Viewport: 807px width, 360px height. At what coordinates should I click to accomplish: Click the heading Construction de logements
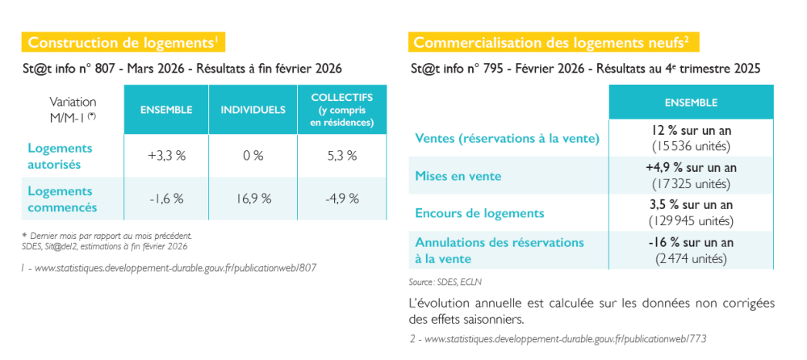[122, 42]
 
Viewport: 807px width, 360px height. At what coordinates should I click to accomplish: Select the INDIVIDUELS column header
[253, 110]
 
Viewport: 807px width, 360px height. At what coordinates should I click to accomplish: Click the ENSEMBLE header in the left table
[165, 110]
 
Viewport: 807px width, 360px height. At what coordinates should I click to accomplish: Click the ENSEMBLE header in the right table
[691, 103]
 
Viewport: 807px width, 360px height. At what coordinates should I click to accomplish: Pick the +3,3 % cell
[166, 156]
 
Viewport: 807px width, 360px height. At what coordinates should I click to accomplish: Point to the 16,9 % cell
[253, 199]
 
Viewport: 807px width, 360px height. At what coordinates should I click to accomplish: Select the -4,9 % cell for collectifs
[341, 199]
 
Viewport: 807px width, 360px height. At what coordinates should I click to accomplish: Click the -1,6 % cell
[166, 199]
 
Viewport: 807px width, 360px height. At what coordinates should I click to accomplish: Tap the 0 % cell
[253, 156]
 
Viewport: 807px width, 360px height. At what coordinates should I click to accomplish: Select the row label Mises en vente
[458, 176]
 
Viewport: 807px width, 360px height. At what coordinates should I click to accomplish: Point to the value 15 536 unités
[691, 146]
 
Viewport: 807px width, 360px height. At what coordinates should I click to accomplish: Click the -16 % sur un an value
[691, 243]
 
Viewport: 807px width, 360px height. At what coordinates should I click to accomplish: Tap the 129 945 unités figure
[691, 220]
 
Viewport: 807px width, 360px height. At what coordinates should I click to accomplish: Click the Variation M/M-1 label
[73, 109]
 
